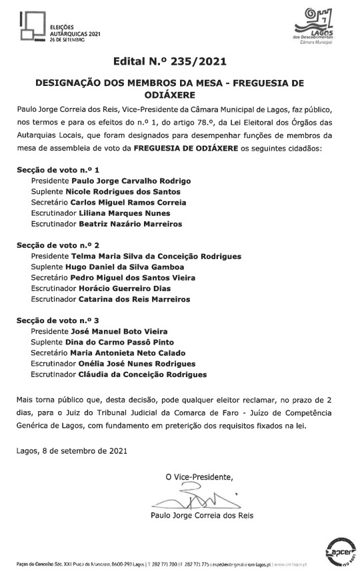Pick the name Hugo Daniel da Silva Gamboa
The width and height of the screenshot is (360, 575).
(129, 267)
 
